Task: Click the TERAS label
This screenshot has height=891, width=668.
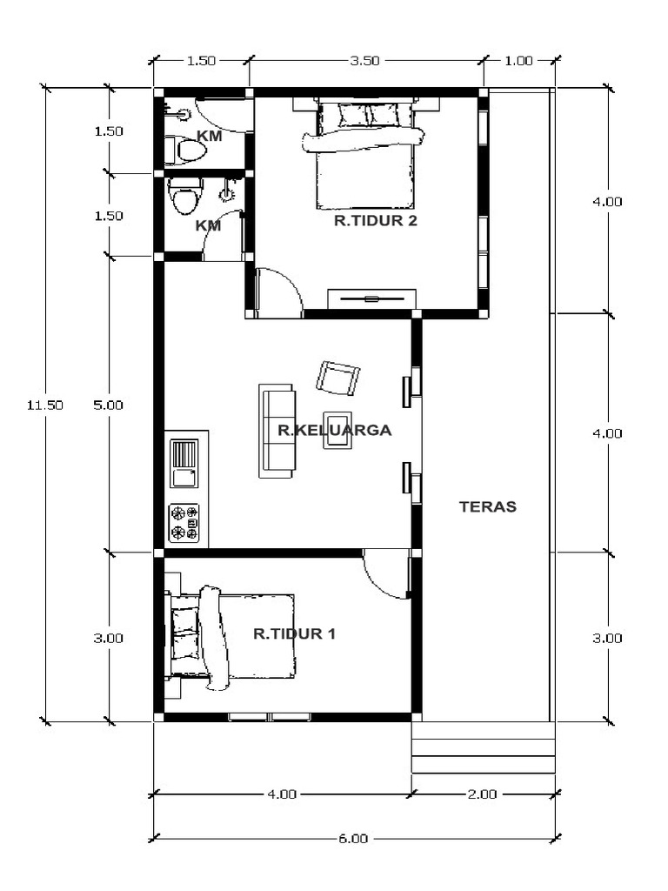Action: [x=487, y=506]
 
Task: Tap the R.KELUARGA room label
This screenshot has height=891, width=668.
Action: [x=334, y=430]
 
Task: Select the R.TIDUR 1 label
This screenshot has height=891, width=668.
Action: [x=294, y=634]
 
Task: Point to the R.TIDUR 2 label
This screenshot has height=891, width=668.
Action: [x=376, y=221]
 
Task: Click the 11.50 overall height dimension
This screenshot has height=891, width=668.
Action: [x=45, y=405]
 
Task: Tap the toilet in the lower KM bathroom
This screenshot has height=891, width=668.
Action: [x=184, y=198]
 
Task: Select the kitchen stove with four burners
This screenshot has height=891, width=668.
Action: [x=184, y=522]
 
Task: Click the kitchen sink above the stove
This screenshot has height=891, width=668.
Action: [x=184, y=464]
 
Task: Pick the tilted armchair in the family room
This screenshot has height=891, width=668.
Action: [x=337, y=378]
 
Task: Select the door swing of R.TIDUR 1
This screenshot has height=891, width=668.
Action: [x=386, y=574]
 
